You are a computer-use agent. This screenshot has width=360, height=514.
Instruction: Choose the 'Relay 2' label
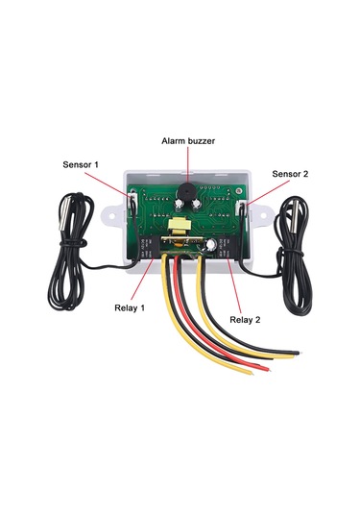(247, 318)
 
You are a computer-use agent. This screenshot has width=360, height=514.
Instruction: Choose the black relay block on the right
(227, 248)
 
